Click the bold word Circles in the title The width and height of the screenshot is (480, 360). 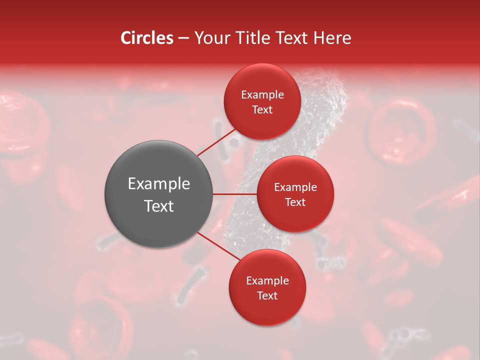point(147,38)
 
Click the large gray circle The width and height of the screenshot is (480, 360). point(158,193)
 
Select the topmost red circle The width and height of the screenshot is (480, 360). point(262,101)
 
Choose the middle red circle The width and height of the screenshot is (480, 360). point(295,194)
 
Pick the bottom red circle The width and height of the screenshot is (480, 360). point(267,287)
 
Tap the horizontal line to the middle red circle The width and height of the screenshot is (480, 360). point(234,194)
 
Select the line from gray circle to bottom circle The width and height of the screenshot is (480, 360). point(218,246)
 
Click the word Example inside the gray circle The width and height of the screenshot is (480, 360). point(158,184)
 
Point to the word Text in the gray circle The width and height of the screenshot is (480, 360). point(158,206)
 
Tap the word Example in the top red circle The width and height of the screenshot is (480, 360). point(262,94)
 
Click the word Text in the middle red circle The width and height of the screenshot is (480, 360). point(295,202)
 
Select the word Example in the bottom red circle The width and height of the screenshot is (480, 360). point(267,280)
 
